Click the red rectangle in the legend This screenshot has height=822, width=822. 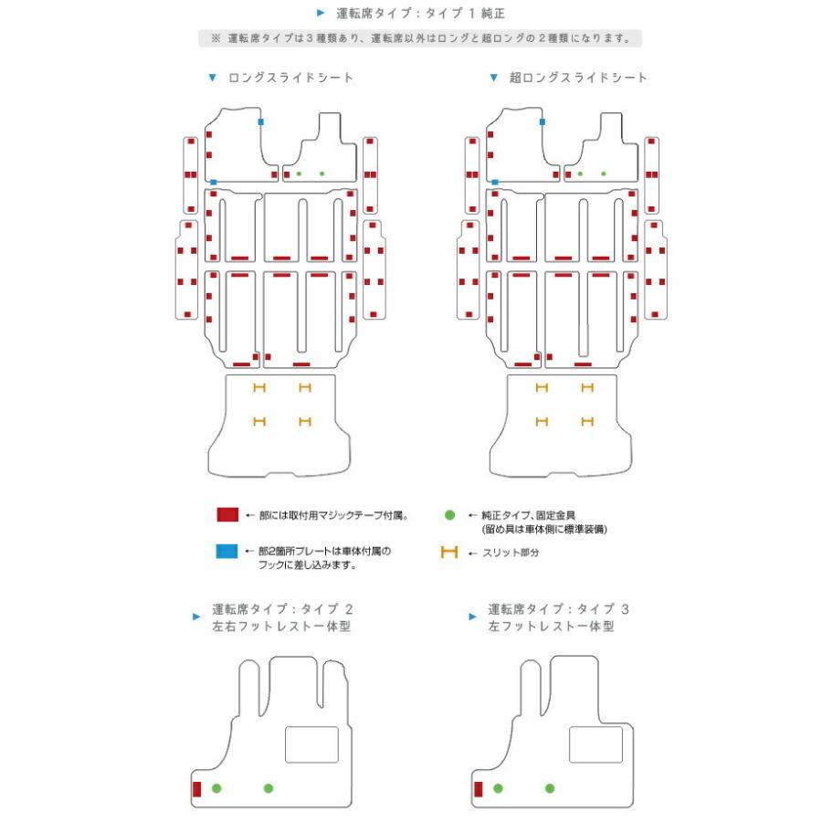click(227, 514)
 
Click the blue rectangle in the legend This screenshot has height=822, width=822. click(227, 551)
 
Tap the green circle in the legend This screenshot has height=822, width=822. click(449, 515)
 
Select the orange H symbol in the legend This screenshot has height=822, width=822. click(449, 552)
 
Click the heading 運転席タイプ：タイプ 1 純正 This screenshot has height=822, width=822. click(420, 13)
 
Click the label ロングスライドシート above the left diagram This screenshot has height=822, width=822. click(290, 78)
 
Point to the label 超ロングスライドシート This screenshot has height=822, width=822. click(578, 78)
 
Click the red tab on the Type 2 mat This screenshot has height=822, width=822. click(196, 789)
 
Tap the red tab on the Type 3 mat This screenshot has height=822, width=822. click(478, 789)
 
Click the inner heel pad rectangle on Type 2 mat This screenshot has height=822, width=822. click(311, 744)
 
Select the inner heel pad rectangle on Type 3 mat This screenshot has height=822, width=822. click(595, 744)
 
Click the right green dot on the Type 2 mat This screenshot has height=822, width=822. click(269, 788)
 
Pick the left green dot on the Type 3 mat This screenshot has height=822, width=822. click(498, 788)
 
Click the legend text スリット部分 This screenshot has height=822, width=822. click(511, 553)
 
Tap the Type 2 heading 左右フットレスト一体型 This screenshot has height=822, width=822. click(281, 627)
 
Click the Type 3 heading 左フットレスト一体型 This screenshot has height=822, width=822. click(551, 627)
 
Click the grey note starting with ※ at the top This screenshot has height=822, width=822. click(420, 38)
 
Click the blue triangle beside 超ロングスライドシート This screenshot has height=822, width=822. click(493, 78)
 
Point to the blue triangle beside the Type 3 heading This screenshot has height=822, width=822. click(473, 616)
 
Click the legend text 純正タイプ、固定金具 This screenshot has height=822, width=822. click(529, 515)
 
